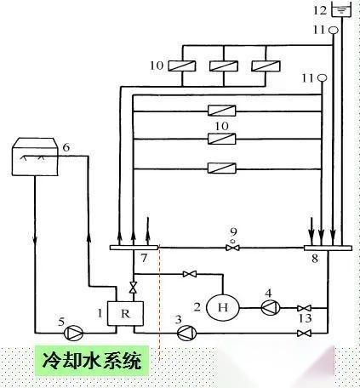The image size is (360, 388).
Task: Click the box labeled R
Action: click(x=125, y=313)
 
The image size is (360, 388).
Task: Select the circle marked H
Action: click(x=222, y=307)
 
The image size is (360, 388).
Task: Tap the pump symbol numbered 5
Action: click(x=73, y=333)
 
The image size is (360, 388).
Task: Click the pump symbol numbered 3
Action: click(x=186, y=333)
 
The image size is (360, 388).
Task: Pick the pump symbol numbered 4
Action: click(x=271, y=307)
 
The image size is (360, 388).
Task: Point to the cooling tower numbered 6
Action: click(x=35, y=157)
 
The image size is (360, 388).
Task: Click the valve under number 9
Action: click(x=232, y=248)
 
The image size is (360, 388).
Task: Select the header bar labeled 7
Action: click(x=134, y=248)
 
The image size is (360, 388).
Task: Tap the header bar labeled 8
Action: click(x=328, y=248)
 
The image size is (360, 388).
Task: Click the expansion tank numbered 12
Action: click(x=341, y=10)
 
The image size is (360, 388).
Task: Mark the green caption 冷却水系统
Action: click(x=92, y=361)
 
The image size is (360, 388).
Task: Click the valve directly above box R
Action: click(x=133, y=287)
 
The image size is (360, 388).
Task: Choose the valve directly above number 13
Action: click(x=304, y=308)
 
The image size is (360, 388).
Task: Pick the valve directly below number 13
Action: click(x=304, y=333)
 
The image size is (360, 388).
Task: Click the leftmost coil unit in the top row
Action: click(x=182, y=66)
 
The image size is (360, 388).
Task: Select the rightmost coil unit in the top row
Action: click(x=266, y=66)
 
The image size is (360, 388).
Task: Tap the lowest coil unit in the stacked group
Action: click(x=222, y=168)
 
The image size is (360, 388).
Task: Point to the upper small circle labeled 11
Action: click(x=334, y=30)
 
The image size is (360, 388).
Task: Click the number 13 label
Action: click(x=306, y=319)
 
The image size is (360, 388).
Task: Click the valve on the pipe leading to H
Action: click(x=190, y=274)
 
